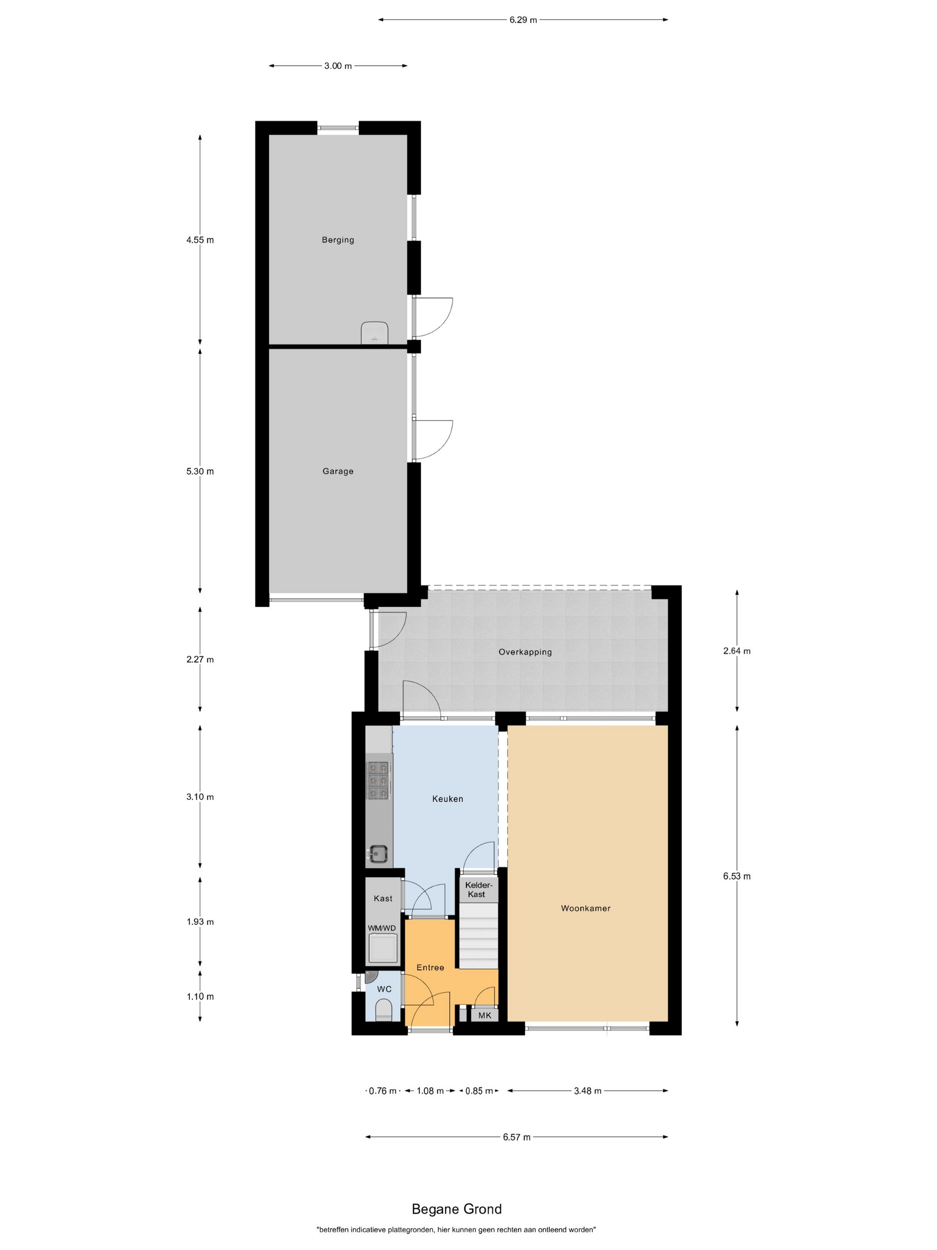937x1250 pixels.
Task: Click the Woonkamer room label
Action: click(585, 908)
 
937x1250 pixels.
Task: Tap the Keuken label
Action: click(448, 799)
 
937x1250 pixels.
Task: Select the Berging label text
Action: click(338, 240)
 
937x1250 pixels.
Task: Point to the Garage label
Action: click(338, 471)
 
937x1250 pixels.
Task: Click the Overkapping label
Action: click(525, 651)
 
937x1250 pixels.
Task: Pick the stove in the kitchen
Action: click(379, 780)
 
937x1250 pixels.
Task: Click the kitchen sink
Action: click(378, 854)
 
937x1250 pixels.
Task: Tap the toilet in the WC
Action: click(383, 1010)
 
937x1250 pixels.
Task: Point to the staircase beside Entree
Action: click(478, 935)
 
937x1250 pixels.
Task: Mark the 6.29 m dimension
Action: click(523, 20)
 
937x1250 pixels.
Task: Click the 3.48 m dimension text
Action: click(587, 1091)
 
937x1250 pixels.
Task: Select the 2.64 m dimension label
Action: click(737, 650)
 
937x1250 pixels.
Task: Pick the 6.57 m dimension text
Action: click(517, 1137)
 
